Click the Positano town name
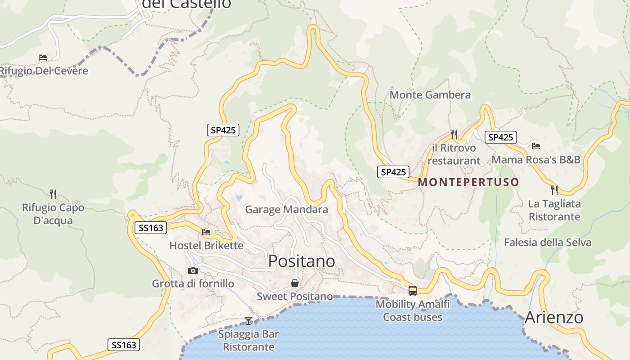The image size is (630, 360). click(301, 261)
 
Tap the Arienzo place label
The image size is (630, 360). click(554, 317)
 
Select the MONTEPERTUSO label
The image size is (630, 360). click(468, 182)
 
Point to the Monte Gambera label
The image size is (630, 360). click(430, 95)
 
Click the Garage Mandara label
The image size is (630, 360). click(286, 210)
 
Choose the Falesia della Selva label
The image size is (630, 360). click(548, 243)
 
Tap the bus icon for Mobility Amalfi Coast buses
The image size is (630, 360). click(412, 290)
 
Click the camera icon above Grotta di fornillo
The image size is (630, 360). click(193, 270)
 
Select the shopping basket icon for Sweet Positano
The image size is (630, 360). click(294, 283)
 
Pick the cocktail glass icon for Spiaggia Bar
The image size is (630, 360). click(248, 321)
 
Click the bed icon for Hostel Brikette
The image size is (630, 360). click(206, 232)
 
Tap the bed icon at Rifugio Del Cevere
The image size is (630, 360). click(43, 58)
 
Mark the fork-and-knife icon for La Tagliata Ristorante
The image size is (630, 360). click(554, 190)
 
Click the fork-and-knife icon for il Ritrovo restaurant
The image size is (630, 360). click(454, 134)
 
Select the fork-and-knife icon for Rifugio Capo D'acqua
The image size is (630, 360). click(53, 194)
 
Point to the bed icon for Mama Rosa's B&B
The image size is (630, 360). click(535, 146)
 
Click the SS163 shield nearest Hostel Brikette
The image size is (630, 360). click(151, 228)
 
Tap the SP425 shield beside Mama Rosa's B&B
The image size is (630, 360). click(500, 137)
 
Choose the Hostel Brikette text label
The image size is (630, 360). click(206, 246)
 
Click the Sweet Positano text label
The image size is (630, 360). click(295, 297)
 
